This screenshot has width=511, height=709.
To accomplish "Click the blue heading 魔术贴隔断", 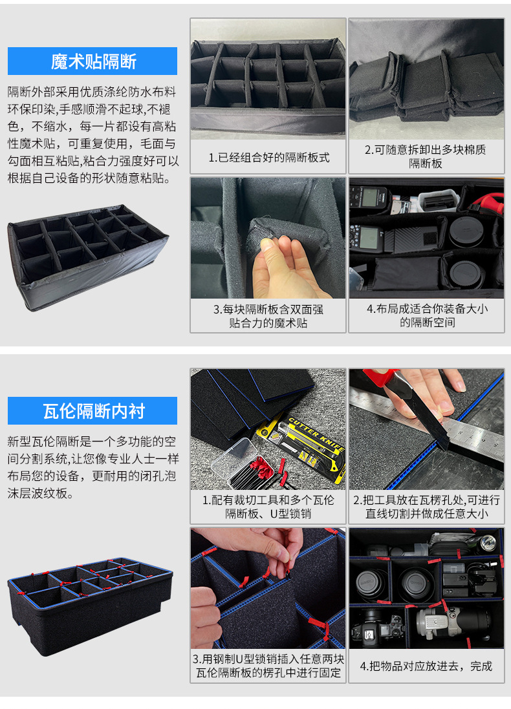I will [92, 61].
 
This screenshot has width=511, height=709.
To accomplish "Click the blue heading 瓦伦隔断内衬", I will [92, 411].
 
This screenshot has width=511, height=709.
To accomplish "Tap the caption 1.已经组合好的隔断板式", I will [268, 157].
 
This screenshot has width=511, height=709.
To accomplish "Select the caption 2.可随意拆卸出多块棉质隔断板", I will [426, 156].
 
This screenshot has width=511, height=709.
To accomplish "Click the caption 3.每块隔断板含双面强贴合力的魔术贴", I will [268, 315].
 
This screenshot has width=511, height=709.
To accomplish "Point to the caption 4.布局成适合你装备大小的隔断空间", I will [426, 315].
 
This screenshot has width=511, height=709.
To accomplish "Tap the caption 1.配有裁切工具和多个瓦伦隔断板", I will [268, 507].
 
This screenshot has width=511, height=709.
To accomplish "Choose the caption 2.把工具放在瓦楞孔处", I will [426, 507].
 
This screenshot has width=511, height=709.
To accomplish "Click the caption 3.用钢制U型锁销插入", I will [268, 666].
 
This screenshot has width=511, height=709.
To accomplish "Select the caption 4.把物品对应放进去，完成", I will [426, 666].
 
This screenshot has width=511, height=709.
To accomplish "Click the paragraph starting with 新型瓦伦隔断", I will [92, 467].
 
